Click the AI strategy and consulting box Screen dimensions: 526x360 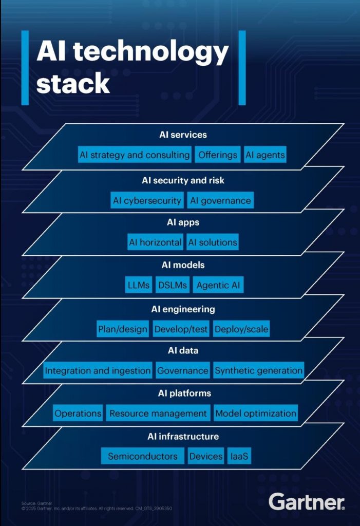pyautogui.click(x=135, y=155)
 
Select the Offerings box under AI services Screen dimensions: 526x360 pyautogui.click(x=218, y=155)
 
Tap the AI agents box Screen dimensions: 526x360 pyautogui.click(x=264, y=155)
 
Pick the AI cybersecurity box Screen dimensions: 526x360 pyautogui.click(x=147, y=201)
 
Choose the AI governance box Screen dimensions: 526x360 pyautogui.click(x=220, y=201)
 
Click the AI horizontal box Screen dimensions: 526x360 pyautogui.click(x=155, y=242)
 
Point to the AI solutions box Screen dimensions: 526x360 pyautogui.click(x=212, y=242)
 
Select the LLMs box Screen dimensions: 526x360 pyautogui.click(x=139, y=285)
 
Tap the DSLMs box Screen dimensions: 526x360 pyautogui.click(x=173, y=285)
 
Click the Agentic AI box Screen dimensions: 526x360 pyautogui.click(x=218, y=285)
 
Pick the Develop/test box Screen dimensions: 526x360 pyautogui.click(x=181, y=329)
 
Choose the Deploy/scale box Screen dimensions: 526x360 pyautogui.click(x=241, y=329)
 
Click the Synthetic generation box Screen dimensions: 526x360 pyautogui.click(x=258, y=370)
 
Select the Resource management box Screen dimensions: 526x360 pyautogui.click(x=158, y=413)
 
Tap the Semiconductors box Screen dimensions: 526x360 pyautogui.click(x=142, y=456)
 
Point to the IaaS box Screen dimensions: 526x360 pyautogui.click(x=240, y=456)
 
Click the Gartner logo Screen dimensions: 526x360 pyautogui.click(x=307, y=501)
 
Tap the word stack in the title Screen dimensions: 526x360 pyautogui.click(x=73, y=83)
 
